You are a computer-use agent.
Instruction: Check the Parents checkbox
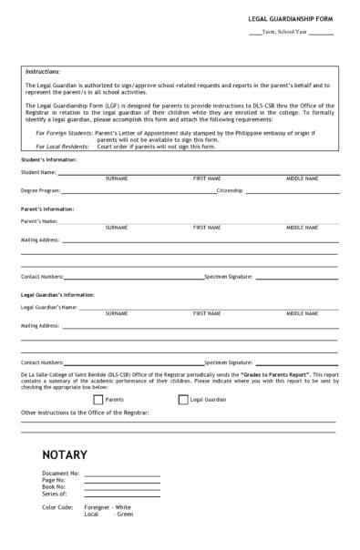pos(98,399)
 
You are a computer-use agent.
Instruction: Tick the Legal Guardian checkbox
pos(183,399)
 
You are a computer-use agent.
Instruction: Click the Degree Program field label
pos(40,191)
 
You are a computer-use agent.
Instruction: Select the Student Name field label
pos(39,171)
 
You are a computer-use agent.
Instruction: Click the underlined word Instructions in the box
pos(43,71)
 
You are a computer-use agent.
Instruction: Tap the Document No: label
pos(60,474)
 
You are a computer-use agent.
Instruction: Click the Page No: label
pos(55,480)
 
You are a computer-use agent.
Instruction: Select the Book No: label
pos(55,486)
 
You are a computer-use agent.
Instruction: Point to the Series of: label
pos(55,493)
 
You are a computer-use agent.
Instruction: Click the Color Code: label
pos(57,506)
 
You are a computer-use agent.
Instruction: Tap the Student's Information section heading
pos(48,160)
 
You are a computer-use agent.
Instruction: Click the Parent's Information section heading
pos(47,209)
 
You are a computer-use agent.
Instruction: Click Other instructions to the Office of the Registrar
pos(85,412)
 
